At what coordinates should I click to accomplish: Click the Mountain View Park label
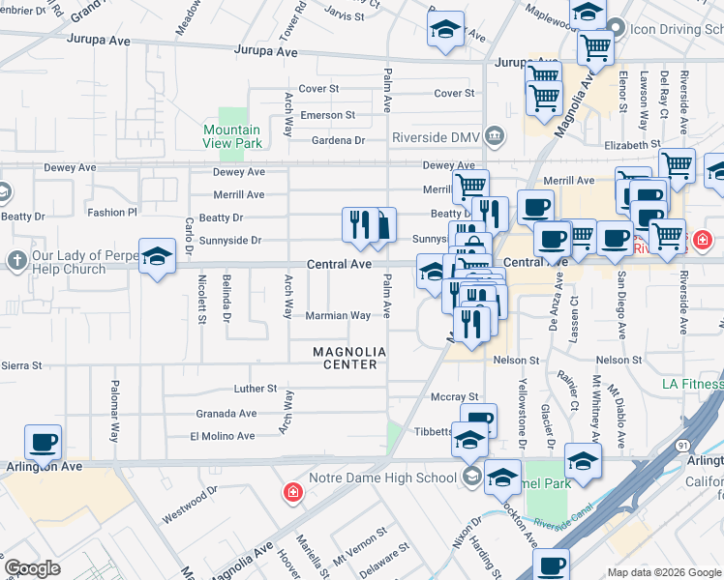(x=232, y=136)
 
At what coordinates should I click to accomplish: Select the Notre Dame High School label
(x=382, y=478)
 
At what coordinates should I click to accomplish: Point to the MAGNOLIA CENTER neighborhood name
(x=348, y=358)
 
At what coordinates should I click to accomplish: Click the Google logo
(x=33, y=567)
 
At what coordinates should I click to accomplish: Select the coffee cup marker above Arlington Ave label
(x=43, y=443)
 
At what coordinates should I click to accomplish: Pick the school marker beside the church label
(x=157, y=257)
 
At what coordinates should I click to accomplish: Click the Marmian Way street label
(x=338, y=315)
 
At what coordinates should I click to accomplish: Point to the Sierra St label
(x=21, y=365)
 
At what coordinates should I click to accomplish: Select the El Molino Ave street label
(x=222, y=436)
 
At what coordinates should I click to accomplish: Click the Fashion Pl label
(x=112, y=212)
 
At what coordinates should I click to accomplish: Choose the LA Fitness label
(x=691, y=384)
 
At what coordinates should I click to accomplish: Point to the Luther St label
(x=256, y=389)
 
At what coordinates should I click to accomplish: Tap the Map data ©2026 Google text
(x=662, y=572)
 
